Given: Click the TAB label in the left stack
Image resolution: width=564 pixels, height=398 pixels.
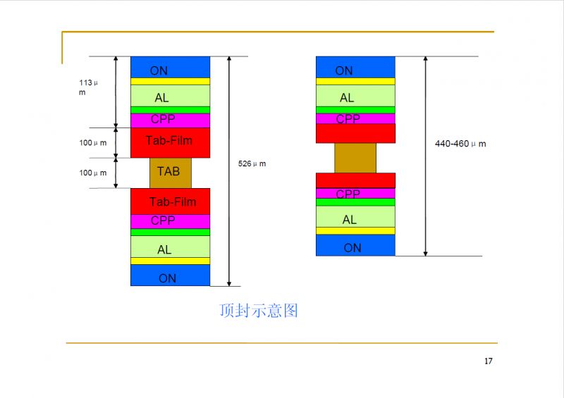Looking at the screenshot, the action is click(x=168, y=171).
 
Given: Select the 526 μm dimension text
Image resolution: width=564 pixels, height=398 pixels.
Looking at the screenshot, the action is click(x=252, y=164).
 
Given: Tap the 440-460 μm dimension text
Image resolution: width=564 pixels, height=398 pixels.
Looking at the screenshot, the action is click(x=460, y=144).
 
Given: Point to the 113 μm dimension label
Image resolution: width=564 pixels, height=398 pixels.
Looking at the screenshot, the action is click(x=88, y=87).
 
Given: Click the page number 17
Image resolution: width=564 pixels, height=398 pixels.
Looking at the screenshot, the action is click(x=489, y=361).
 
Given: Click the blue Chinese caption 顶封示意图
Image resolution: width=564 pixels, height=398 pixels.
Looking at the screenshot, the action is click(x=259, y=311).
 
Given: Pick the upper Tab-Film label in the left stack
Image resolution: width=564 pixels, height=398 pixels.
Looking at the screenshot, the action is click(x=169, y=140).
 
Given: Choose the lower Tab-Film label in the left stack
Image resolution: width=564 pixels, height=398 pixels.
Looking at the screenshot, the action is click(x=173, y=201).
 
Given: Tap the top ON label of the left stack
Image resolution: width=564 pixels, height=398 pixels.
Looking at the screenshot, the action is click(x=159, y=70).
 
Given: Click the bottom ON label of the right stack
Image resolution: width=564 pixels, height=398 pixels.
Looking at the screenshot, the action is click(x=352, y=248).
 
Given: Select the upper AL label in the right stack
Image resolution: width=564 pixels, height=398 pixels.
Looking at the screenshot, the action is click(x=347, y=97).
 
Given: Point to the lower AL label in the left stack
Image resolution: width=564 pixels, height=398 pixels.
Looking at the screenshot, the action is click(x=164, y=249).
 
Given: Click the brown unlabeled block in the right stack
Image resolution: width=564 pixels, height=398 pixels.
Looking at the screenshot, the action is click(x=355, y=158).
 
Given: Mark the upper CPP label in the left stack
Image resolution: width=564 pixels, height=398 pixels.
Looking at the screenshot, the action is click(x=163, y=119).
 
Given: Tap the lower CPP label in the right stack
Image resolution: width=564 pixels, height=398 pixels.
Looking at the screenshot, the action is click(x=348, y=194).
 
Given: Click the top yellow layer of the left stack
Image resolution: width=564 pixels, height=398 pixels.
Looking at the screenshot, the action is click(x=170, y=81).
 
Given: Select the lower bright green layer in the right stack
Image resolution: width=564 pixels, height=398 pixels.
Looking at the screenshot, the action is click(x=355, y=202).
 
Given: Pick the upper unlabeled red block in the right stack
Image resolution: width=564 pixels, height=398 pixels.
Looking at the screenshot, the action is click(x=355, y=133).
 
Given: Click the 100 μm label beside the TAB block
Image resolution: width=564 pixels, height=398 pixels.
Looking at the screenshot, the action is click(x=93, y=173).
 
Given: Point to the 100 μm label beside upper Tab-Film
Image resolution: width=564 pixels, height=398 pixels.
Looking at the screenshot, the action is click(x=93, y=143).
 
